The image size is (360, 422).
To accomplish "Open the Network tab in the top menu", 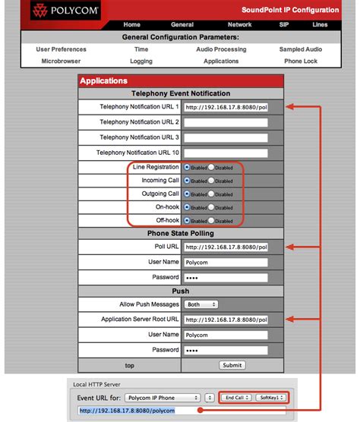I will tap(240, 24).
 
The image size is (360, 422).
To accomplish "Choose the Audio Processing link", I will tap(221, 49).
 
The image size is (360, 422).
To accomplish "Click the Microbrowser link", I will tap(61, 61).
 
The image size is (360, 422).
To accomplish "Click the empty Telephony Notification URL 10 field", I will tap(226, 153).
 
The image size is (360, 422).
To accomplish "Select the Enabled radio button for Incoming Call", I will tap(188, 181).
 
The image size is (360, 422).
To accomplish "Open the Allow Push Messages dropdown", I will tap(201, 304).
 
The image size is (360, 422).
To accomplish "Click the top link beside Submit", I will tap(131, 365).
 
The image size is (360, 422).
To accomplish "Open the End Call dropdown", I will tap(235, 397).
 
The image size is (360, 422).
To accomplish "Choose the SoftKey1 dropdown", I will tap(270, 397).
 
